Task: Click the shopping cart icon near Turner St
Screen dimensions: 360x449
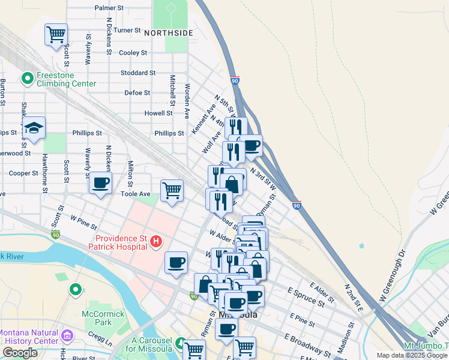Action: (56, 35)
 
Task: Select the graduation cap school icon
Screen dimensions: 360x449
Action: (34, 128)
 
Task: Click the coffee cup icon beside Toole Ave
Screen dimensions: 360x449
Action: (100, 182)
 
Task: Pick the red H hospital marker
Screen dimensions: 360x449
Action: (156, 241)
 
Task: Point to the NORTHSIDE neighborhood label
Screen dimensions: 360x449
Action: (169, 32)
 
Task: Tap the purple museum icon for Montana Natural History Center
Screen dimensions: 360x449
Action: (67, 334)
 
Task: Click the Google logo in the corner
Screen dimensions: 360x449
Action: (20, 353)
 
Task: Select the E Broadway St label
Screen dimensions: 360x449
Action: (308, 344)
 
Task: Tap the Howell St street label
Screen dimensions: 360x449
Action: (158, 113)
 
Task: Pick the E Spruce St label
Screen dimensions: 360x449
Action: (306, 296)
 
